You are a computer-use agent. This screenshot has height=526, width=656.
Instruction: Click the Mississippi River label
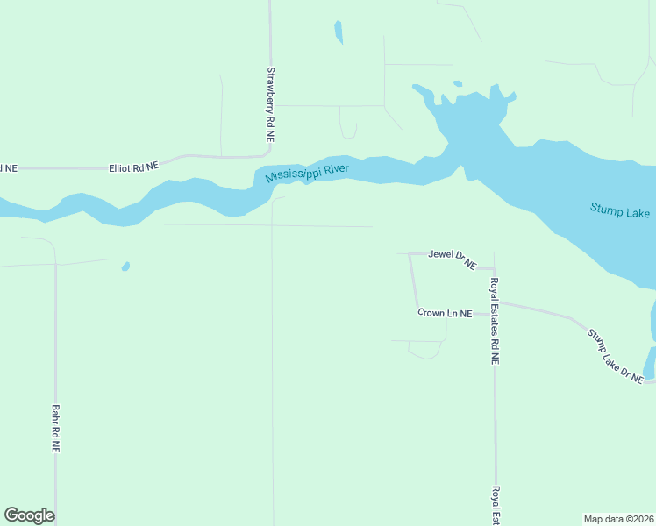pos(308,173)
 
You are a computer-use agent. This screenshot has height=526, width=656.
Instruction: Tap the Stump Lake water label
pos(619,210)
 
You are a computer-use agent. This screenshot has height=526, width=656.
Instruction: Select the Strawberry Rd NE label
pos(270,106)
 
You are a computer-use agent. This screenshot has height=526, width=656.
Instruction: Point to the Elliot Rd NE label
pos(133,166)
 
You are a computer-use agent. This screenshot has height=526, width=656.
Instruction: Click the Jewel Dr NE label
pos(452,258)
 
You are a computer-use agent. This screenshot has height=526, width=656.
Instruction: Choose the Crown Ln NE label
pos(445,313)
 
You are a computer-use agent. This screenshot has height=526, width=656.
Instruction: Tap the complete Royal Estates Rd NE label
pos(495,321)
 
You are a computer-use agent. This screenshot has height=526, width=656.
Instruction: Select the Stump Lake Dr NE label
pos(616,355)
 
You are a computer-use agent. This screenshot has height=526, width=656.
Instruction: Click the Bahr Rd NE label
pos(55,428)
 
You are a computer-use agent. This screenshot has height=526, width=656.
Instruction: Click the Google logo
pos(29,515)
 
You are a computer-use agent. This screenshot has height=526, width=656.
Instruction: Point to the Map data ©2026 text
pos(618,519)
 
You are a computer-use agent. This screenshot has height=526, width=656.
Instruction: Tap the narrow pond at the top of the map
pos(338,32)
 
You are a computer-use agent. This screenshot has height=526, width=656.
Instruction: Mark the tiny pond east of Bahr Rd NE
pos(126,266)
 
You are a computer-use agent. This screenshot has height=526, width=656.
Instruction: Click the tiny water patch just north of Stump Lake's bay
pos(457,84)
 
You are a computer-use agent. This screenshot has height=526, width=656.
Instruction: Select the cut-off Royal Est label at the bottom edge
pos(496,505)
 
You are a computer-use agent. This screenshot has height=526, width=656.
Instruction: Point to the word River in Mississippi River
pos(336,169)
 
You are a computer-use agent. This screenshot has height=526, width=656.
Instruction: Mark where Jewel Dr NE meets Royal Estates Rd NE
pos(494,269)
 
